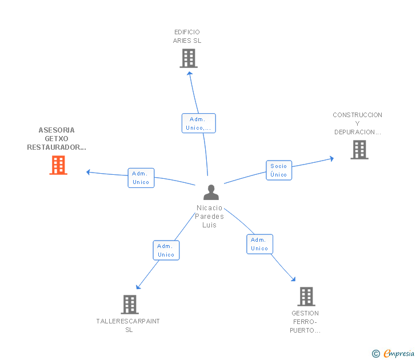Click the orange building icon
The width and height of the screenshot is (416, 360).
coord(58,165)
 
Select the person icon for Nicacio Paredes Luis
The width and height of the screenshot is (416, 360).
coord(211,193)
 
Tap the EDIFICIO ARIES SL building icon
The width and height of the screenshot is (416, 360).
coord(189,58)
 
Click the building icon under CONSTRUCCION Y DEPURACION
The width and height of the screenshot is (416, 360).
coord(359,150)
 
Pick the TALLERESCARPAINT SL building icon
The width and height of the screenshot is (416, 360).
coord(130,305)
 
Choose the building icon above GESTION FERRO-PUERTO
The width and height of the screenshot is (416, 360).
coord(306,297)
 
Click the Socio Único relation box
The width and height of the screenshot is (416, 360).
coord(279,170)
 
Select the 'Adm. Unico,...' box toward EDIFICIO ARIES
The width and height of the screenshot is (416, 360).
coord(199,123)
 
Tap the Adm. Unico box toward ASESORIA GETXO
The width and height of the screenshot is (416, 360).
coord(141,178)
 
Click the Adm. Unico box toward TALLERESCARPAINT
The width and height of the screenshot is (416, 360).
coord(166,250)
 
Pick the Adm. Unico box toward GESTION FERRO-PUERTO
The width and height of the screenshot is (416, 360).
coord(260,244)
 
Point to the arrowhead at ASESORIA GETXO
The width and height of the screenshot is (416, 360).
coord(89,172)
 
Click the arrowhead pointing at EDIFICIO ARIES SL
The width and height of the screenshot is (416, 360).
coord(190,74)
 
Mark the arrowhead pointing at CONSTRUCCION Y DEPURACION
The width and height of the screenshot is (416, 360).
coord(331,159)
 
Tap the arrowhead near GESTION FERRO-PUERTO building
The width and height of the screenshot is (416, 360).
coord(293,279)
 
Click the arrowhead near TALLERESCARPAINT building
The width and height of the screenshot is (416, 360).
coord(138,287)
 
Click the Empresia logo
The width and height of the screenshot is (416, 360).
coord(399,354)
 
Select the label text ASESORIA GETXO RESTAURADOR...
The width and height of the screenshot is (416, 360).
coord(57,139)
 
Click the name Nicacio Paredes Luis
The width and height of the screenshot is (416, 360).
coord(209,217)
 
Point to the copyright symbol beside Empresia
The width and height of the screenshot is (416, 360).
coord(376,354)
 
